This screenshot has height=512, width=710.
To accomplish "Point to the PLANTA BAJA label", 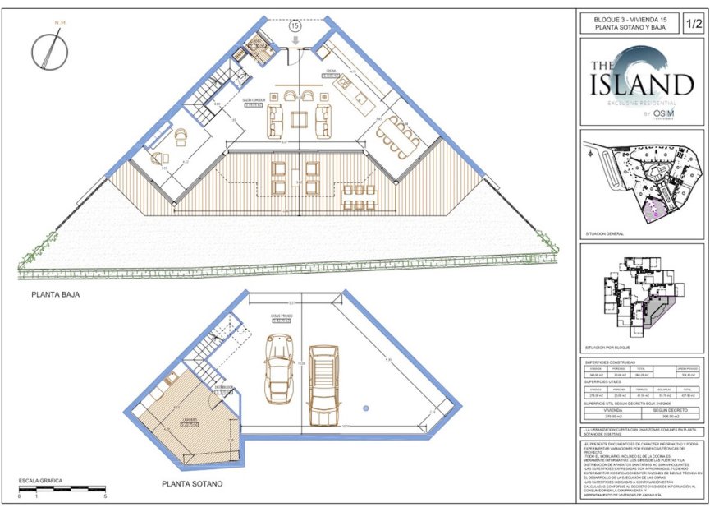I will pos(55,293).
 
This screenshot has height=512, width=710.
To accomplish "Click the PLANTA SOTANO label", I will pos(191,484).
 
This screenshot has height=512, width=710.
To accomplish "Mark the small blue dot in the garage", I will pos(363,407).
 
